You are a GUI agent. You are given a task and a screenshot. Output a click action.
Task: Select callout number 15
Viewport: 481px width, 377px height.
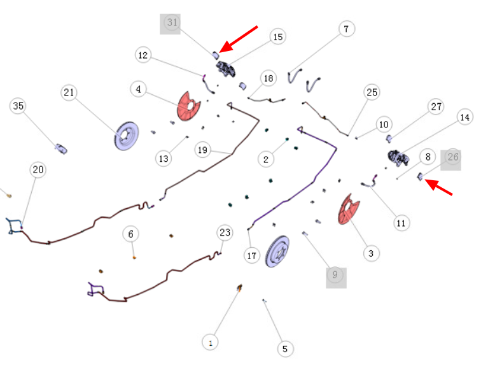pos(278,37)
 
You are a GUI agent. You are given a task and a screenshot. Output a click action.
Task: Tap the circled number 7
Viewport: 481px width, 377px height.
pos(347,29)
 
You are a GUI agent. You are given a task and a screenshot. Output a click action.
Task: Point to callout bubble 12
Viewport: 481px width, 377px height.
pos(143,55)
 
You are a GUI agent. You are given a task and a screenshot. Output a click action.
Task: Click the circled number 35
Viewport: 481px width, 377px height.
pos(18,106)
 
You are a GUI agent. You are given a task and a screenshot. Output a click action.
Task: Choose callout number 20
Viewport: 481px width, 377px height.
pos(38,169)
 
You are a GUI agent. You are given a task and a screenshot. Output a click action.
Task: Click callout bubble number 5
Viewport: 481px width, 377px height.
pos(285,349)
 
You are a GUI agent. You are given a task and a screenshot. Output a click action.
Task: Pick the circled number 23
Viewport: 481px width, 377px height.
pos(225,232)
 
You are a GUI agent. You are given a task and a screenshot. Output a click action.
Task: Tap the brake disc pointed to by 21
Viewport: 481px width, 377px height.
pos(127,136)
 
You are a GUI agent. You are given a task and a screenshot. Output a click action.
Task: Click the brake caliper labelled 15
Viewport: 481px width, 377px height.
pos(225,69)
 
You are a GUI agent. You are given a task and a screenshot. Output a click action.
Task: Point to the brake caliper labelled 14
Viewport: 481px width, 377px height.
pos(398,158)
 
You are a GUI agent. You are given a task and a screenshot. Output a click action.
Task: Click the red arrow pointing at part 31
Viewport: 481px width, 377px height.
pos(239,39)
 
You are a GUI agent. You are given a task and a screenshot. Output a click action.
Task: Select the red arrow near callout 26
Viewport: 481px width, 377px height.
pos(438,187)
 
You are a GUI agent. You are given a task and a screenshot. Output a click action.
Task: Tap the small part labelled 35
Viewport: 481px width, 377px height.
pos(61,149)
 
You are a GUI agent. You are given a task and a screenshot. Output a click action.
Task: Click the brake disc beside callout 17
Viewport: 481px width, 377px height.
pos(277,252)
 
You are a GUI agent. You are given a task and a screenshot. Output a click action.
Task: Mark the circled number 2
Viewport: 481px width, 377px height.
pos(266,159)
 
